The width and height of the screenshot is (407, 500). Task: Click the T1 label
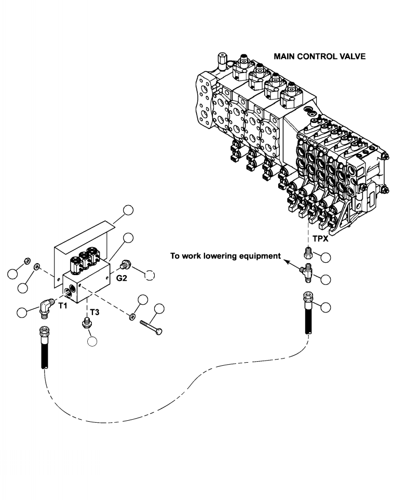[62, 306]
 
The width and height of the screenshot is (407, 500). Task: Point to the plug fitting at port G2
[123, 265]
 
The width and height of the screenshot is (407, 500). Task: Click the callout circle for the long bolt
[159, 310]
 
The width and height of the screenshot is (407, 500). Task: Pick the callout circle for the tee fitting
[326, 279]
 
